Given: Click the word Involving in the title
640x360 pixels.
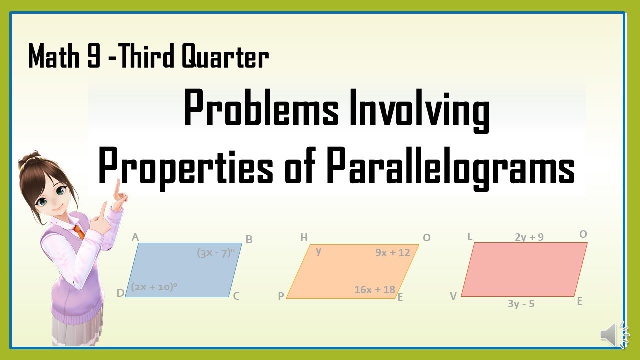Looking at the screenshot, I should [418, 110].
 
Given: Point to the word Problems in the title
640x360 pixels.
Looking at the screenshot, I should [261, 110].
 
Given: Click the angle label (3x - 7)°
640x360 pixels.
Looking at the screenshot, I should [216, 253].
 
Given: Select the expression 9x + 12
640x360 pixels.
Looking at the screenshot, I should [392, 253].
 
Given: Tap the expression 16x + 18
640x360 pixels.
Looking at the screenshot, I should [375, 290].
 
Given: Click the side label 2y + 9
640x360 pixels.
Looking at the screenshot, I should [529, 237].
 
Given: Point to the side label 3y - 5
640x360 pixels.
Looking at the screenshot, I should [521, 304].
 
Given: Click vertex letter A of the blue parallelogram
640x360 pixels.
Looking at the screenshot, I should [135, 237].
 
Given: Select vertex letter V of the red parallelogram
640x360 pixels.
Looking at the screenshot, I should [453, 296].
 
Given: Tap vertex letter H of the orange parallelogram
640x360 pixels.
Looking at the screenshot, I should [304, 237].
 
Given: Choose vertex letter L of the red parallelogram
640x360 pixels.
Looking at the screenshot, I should [470, 237].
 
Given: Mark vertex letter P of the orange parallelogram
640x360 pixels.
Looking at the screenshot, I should [281, 296].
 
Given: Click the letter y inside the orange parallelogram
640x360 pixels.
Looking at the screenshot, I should [318, 251].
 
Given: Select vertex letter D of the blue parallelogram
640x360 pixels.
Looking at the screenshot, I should [120, 293].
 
